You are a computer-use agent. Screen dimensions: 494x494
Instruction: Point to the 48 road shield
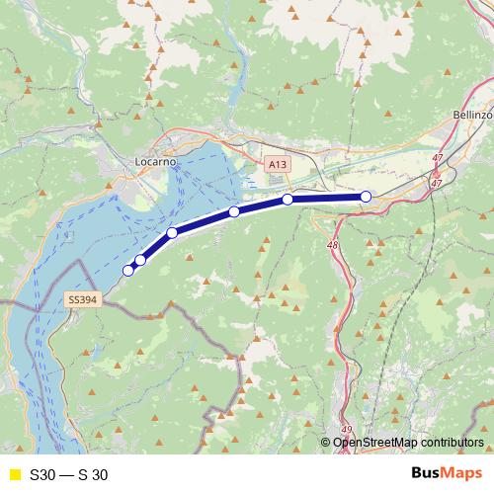click(332, 244)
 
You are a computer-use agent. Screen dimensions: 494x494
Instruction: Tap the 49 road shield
click(346, 429)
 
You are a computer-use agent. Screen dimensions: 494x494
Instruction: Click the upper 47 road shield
click(438, 158)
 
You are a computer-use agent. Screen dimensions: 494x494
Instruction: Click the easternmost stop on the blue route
click(366, 197)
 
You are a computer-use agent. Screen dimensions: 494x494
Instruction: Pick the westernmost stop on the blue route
click(127, 270)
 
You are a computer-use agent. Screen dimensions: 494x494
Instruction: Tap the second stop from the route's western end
click(140, 260)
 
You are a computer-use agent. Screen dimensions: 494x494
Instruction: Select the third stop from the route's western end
click(172, 233)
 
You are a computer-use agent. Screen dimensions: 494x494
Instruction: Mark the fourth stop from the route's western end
click(234, 211)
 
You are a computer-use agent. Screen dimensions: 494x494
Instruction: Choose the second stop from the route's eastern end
click(288, 200)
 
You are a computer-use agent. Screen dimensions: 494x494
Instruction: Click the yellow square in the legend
click(15, 474)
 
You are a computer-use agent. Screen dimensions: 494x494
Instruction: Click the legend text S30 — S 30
click(69, 474)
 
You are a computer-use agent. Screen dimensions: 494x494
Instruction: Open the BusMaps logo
click(447, 473)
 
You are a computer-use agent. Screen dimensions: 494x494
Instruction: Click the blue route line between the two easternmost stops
click(326, 198)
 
